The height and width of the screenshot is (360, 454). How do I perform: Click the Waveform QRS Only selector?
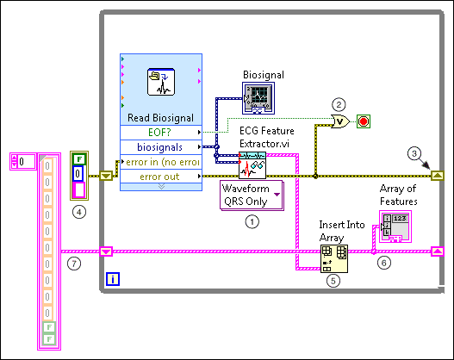pyautogui.click(x=252, y=195)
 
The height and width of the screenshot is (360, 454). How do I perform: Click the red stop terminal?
pyautogui.click(x=363, y=121)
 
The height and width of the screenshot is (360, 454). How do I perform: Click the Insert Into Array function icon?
pyautogui.click(x=333, y=256)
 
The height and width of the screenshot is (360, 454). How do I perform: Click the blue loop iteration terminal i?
pyautogui.click(x=114, y=278)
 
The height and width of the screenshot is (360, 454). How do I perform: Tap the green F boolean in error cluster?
pyautogui.click(x=79, y=158)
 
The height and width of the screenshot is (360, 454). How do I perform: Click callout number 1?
pyautogui.click(x=252, y=221)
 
